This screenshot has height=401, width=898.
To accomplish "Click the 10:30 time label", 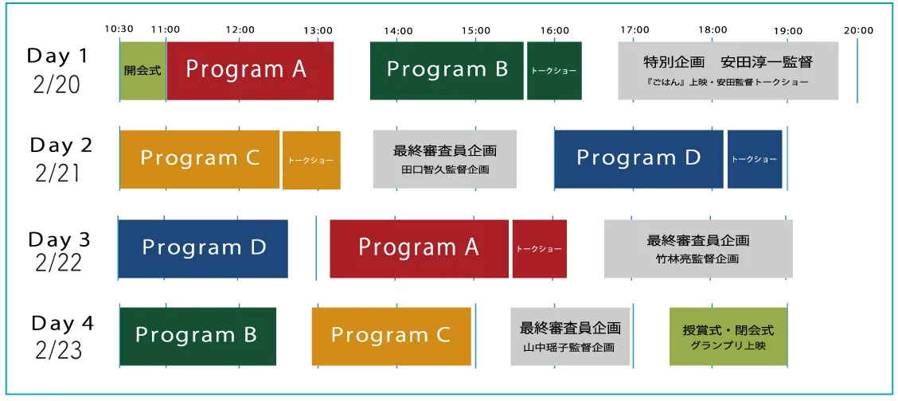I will [x=118, y=30].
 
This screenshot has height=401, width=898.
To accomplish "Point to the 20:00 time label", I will [x=858, y=30].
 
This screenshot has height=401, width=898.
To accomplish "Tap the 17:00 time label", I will [x=634, y=30].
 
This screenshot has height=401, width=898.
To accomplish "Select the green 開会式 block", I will [x=143, y=71].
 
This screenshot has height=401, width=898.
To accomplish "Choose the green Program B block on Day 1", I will [x=447, y=71].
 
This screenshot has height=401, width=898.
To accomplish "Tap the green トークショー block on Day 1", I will [x=554, y=71].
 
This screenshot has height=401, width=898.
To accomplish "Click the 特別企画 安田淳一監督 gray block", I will [x=728, y=71].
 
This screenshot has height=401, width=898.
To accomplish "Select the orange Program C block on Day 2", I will [x=200, y=159].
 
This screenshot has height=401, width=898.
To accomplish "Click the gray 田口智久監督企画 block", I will [x=445, y=159].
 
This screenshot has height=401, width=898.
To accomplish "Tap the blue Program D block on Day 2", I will [x=638, y=159].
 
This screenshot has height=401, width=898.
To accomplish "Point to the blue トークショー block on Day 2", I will [x=755, y=159].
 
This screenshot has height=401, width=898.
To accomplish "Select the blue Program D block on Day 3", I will [x=203, y=248].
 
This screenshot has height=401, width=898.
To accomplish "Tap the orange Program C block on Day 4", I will [x=391, y=336].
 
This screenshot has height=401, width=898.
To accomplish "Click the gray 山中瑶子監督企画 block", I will [x=570, y=336].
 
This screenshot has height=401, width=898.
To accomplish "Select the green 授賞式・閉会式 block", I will [x=728, y=336].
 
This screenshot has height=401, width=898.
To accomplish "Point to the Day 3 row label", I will [x=60, y=251].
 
